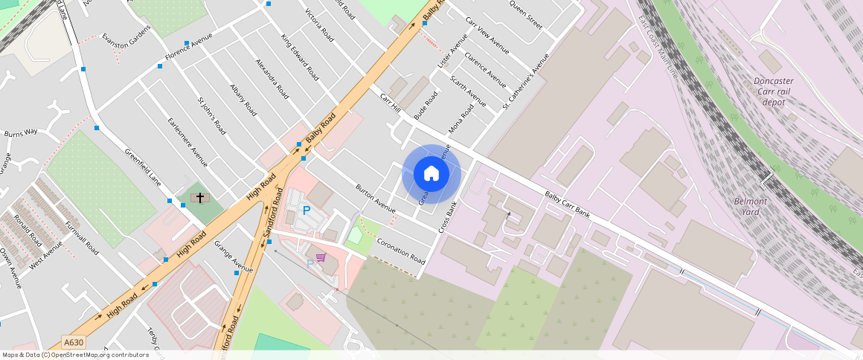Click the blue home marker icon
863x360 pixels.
(431, 174)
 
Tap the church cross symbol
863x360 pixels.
(199, 197)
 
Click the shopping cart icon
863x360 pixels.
(321, 257)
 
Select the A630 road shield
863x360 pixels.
(73, 343)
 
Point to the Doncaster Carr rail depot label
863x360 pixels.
(774, 91)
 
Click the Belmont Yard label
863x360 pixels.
(750, 206)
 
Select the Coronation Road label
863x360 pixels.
(401, 251)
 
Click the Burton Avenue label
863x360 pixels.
(376, 196)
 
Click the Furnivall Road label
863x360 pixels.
(81, 237)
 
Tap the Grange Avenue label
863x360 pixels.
(234, 255)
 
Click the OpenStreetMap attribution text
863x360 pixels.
(76, 355)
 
